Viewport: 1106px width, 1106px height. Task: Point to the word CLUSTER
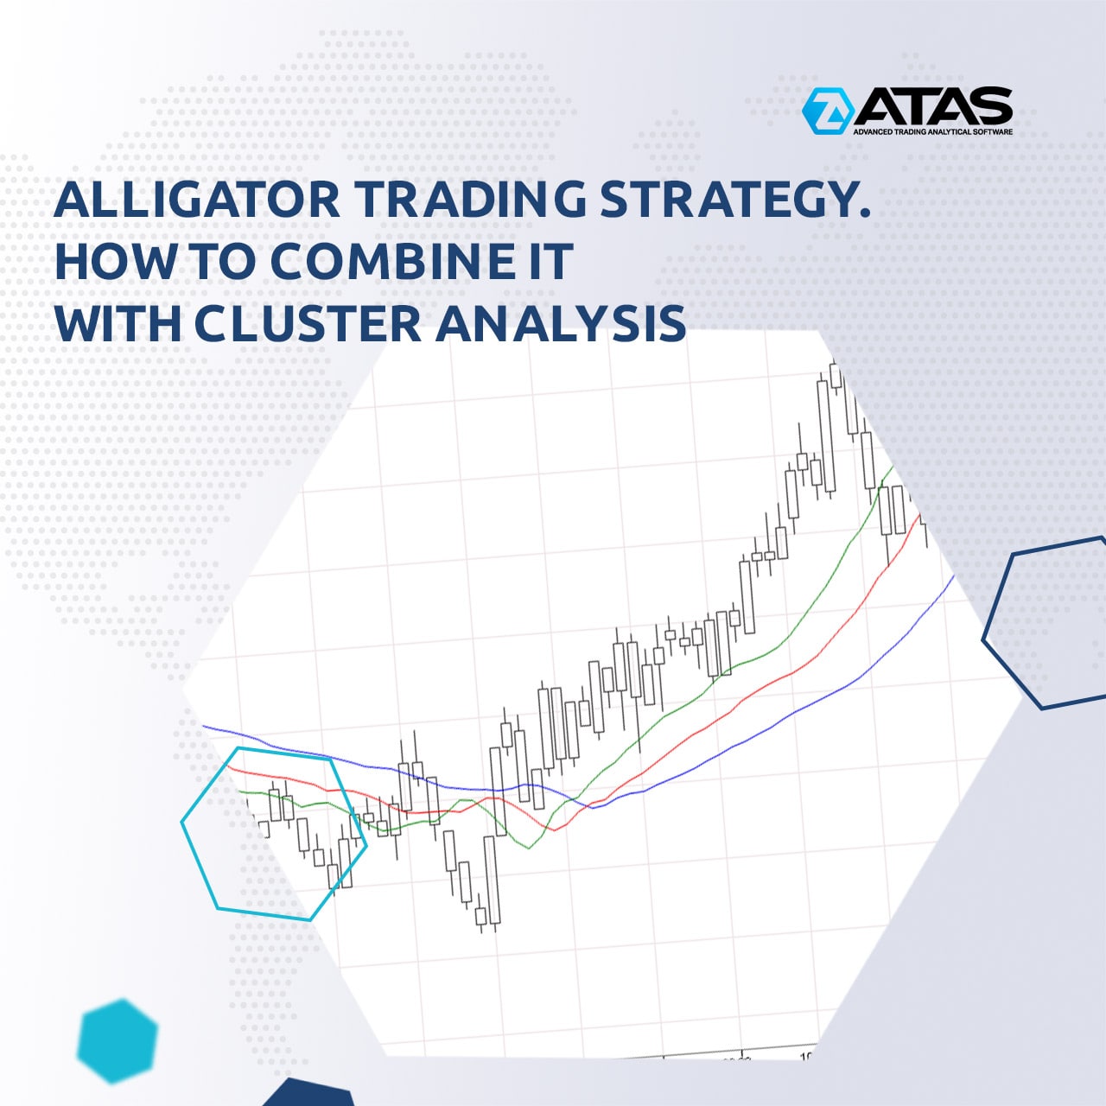[x=308, y=324]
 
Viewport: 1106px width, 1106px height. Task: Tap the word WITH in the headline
[x=118, y=324]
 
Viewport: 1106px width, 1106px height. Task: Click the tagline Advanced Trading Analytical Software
[x=932, y=131]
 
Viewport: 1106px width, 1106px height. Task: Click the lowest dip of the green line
[x=529, y=849]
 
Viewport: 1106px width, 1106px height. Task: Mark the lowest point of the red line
[x=555, y=830]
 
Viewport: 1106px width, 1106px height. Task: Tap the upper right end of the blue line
[x=954, y=575]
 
